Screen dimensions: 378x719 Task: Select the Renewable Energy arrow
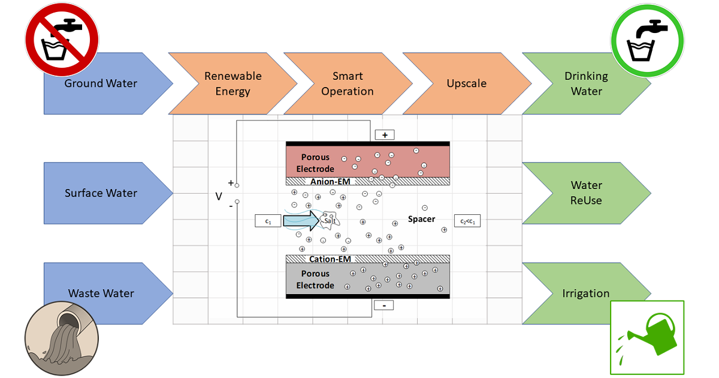click(x=232, y=83)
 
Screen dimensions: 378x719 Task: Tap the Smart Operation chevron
click(x=348, y=83)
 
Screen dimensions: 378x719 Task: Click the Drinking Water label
click(x=586, y=83)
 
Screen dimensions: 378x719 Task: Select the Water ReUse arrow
click(x=586, y=193)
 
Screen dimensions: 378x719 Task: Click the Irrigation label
click(x=585, y=293)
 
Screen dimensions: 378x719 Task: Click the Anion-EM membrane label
click(x=330, y=181)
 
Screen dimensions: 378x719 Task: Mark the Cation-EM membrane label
click(x=330, y=259)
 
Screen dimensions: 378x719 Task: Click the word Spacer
click(x=422, y=219)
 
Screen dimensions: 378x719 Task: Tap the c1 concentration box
click(x=268, y=221)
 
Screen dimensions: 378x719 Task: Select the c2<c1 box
click(x=467, y=221)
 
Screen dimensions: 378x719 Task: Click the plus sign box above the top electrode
click(x=384, y=135)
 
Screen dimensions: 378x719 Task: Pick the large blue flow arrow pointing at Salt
click(x=303, y=221)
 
